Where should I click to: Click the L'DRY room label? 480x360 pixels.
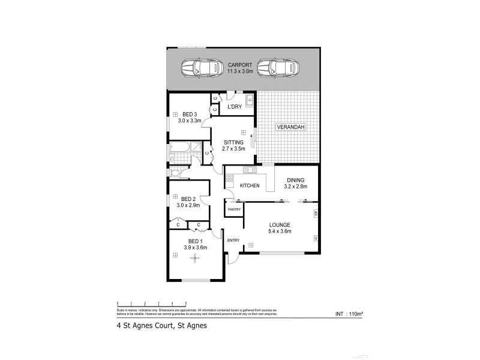pyautogui.click(x=234, y=107)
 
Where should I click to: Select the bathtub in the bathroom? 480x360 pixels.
pyautogui.click(x=181, y=146)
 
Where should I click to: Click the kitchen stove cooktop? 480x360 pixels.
pyautogui.click(x=229, y=178)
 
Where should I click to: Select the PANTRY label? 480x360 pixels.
pyautogui.click(x=234, y=209)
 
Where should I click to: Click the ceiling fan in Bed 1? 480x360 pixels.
pyautogui.click(x=194, y=258)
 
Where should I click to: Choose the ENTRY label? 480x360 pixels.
pyautogui.click(x=233, y=241)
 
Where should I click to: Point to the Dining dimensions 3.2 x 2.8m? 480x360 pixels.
pyautogui.click(x=295, y=187)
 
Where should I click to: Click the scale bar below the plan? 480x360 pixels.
pyautogui.click(x=151, y=303)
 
